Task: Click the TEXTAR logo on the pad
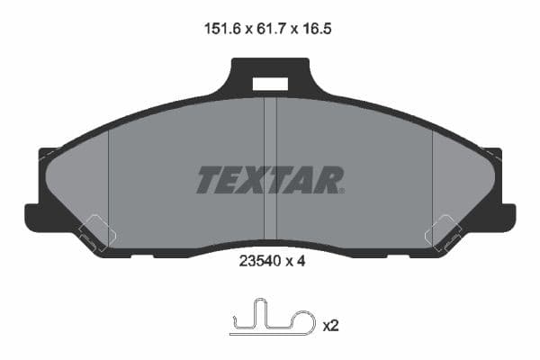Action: point(269,180)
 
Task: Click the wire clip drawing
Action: point(271,320)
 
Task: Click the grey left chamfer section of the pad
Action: point(81,180)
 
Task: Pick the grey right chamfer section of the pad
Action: point(459,180)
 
